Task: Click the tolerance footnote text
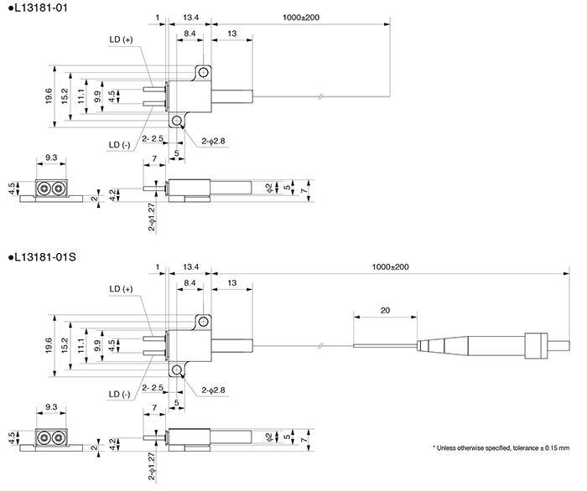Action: (501, 447)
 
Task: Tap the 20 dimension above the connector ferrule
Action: (385, 310)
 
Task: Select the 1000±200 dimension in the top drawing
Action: (301, 17)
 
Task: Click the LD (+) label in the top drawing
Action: (121, 39)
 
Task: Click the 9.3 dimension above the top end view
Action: (51, 158)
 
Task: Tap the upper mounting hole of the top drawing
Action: (202, 72)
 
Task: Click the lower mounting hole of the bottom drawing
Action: (177, 370)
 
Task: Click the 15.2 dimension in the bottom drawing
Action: (65, 344)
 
